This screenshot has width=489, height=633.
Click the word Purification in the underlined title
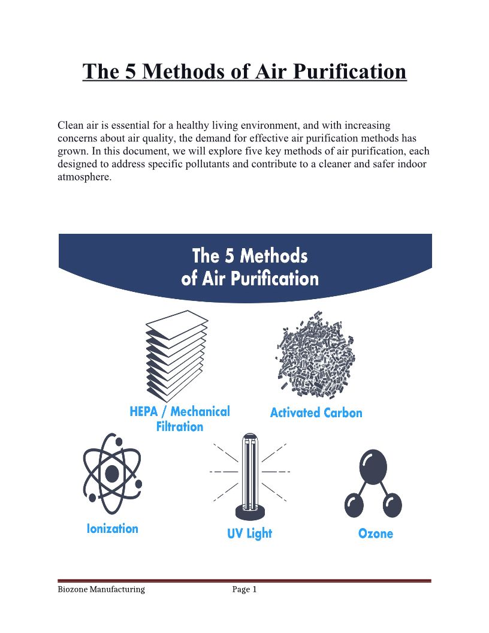coord(349,71)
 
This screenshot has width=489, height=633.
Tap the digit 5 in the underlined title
coord(130,71)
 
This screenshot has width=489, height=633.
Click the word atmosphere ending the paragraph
coord(84,177)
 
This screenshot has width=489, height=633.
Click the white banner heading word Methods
coord(274,256)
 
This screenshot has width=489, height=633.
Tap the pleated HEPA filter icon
coord(177,356)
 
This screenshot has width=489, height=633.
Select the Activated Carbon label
coord(316,412)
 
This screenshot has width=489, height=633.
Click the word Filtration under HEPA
coord(180,427)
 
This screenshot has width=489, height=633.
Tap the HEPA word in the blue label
coord(144,411)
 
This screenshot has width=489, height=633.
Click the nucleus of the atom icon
coord(111,473)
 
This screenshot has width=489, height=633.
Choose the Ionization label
coord(113,529)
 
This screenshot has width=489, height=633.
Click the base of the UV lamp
coord(250,513)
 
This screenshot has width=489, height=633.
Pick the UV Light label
coord(250,533)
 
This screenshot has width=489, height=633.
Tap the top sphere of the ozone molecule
coord(373,467)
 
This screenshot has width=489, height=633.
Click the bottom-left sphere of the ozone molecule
coord(354,505)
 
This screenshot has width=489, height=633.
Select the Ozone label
coord(376,533)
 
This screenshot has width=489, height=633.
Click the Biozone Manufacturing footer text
coord(101,589)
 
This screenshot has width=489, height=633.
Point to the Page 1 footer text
coord(244,589)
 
